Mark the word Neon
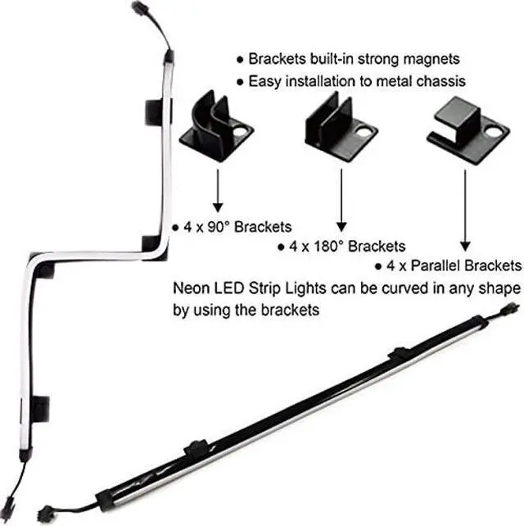pyautogui.click(x=190, y=289)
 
